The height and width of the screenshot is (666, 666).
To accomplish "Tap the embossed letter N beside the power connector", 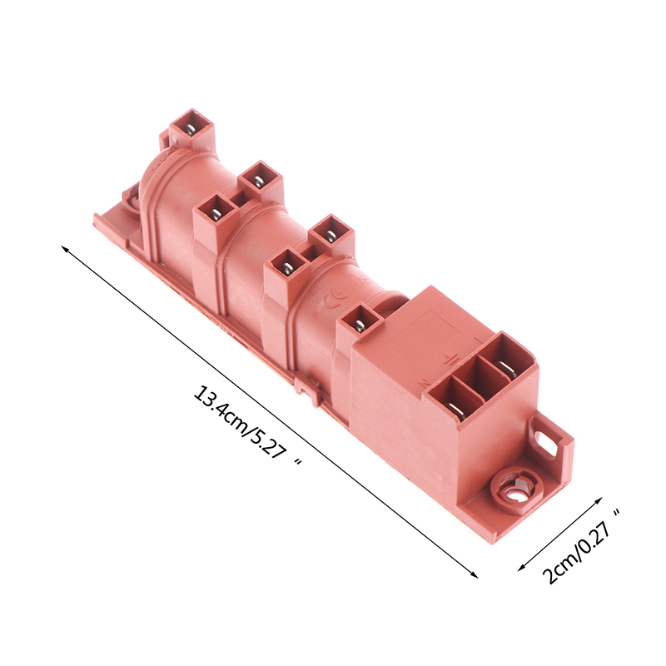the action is [424, 384].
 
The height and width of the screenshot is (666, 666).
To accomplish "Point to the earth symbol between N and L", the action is [451, 361].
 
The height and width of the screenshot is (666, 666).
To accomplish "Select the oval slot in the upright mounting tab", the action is [546, 444].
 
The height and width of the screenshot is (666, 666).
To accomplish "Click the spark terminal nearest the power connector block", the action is [360, 323].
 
